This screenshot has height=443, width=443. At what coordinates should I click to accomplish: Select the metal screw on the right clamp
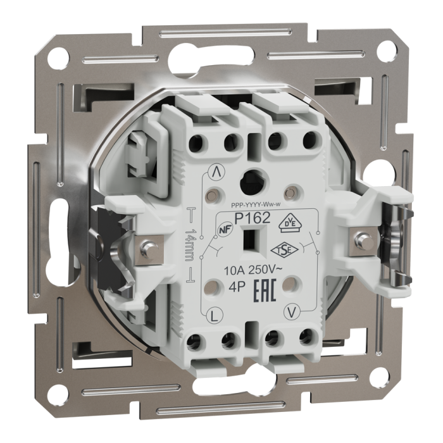click(363, 238)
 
